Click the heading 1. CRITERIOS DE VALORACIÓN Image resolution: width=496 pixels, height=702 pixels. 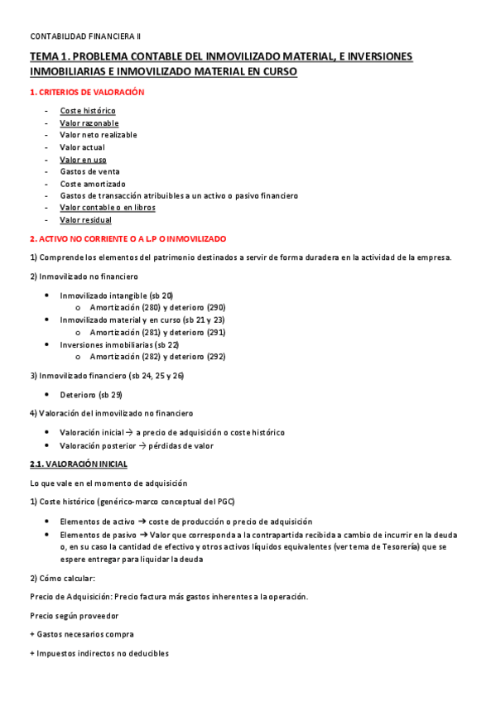pos(87,93)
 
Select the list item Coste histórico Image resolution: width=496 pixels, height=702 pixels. pos(88,111)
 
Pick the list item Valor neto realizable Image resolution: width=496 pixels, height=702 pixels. pos(99,135)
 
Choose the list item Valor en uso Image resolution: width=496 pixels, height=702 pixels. pos(83,160)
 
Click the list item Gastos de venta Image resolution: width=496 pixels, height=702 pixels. pos(90,172)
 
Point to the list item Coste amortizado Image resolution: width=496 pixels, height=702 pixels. pos(93,184)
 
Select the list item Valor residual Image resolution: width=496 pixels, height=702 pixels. pos(86,220)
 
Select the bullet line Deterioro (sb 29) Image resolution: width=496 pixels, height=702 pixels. pos(91,395)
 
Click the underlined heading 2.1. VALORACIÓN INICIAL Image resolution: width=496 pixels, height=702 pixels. pos(79,464)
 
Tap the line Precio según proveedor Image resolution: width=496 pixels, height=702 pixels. pos(74,615)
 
